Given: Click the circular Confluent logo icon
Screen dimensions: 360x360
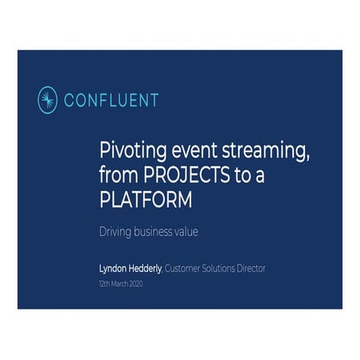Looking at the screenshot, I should click(x=49, y=100).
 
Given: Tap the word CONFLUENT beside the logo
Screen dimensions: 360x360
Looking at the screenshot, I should click(x=112, y=100).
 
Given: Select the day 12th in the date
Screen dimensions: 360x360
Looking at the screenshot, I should click(x=104, y=282).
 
